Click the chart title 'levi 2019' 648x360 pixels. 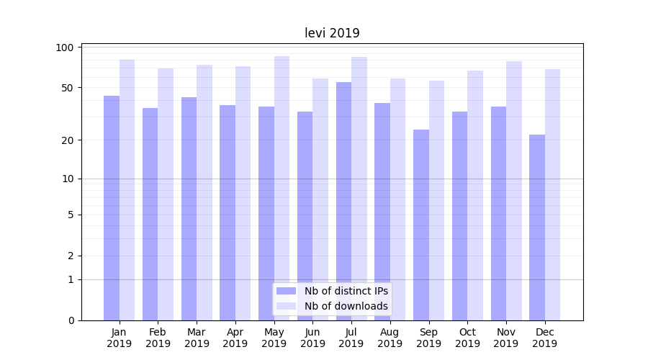coord(332,33)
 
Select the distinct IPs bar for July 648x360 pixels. coord(343,202)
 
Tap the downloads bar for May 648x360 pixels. coord(282,189)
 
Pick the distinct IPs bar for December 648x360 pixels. coord(537,228)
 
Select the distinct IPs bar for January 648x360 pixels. coord(112,208)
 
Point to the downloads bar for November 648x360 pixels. coord(514,191)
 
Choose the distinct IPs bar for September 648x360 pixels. coord(421,225)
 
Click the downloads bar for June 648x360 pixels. coord(320,199)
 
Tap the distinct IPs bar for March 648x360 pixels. coord(189,209)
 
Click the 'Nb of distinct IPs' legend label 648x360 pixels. coord(346,291)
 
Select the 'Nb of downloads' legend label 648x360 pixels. coord(346,306)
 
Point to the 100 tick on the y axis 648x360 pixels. coord(66,48)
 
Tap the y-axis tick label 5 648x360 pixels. coord(71,215)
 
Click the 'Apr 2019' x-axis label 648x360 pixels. coord(235,338)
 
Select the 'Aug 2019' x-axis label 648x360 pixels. coord(390,338)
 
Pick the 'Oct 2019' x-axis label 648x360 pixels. coord(467,338)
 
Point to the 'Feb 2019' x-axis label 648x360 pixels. coord(158,338)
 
